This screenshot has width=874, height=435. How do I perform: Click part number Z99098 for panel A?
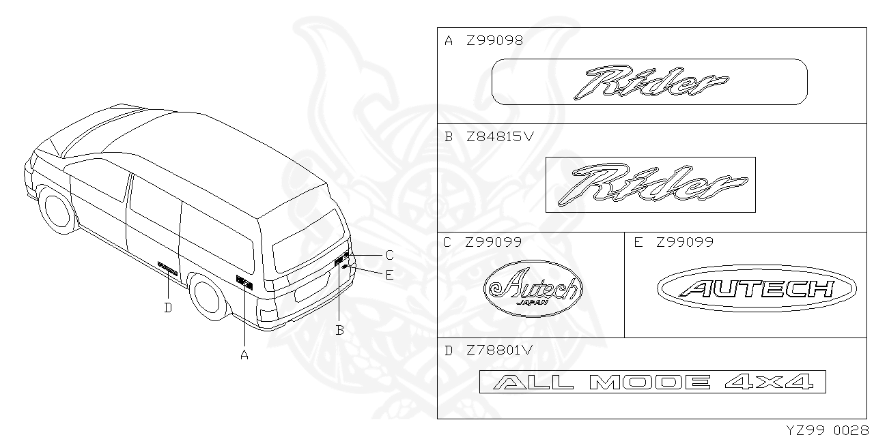[494, 40]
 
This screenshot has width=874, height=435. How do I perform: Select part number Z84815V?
[500, 136]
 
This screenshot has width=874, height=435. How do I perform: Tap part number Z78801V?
[498, 350]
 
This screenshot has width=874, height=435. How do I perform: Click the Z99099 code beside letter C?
[493, 242]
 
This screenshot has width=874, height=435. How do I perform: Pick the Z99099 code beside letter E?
[684, 242]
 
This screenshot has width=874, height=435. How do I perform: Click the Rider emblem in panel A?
[649, 82]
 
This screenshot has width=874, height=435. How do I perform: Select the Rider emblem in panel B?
[650, 184]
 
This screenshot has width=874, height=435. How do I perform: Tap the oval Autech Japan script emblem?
[533, 288]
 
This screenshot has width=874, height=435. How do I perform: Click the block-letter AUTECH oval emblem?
[757, 289]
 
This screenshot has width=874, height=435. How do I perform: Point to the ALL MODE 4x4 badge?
[652, 382]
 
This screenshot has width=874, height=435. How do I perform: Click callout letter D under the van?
[168, 307]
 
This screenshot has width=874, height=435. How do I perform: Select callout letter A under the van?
[244, 355]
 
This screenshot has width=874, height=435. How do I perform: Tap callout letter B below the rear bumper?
[339, 331]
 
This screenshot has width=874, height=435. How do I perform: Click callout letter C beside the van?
[389, 256]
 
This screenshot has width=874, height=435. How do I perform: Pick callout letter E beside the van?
[389, 275]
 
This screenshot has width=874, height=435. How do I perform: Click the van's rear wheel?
[209, 297]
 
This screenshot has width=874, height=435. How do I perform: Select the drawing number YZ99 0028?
[827, 429]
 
